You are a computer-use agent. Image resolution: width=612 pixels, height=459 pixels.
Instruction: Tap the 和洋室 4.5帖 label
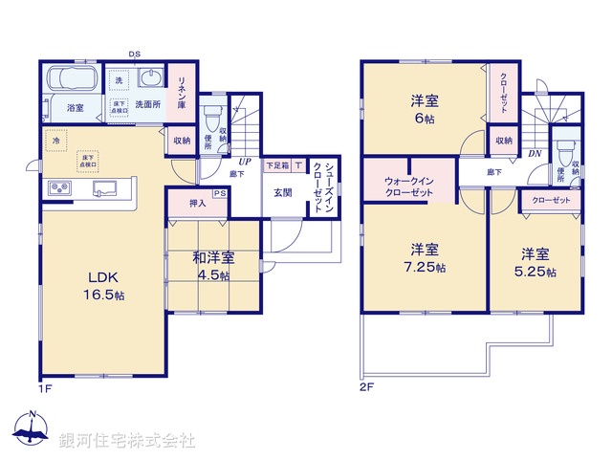pos(211,265)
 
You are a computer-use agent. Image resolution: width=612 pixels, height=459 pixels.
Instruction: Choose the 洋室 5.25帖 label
pos(535,262)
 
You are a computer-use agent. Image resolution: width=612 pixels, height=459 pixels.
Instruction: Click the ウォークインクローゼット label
pos(408,186)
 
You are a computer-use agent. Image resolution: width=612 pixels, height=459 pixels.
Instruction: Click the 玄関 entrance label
pos(284,192)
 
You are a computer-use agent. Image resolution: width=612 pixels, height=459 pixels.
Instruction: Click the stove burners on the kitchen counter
pos(58,186)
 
